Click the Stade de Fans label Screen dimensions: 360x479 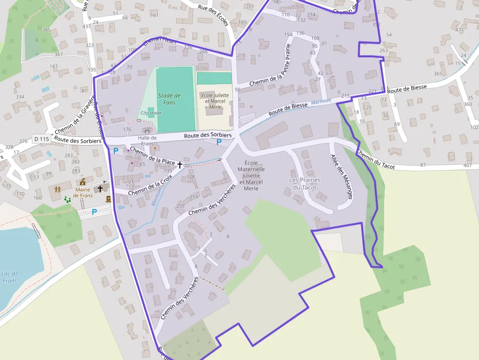point(169,99)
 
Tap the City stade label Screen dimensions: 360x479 point(151,113)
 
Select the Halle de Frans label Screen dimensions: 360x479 point(147,141)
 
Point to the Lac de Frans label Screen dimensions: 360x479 point(10,277)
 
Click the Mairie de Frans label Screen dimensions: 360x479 point(83,192)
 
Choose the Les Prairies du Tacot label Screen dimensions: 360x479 point(305,183)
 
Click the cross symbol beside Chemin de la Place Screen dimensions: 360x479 point(180,165)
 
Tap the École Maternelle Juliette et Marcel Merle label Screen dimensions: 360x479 point(251,175)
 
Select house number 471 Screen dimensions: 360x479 point(459,30)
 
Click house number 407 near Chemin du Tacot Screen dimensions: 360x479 point(468,165)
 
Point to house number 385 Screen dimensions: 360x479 point(46,30)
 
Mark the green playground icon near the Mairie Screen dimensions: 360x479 point(67,199)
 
